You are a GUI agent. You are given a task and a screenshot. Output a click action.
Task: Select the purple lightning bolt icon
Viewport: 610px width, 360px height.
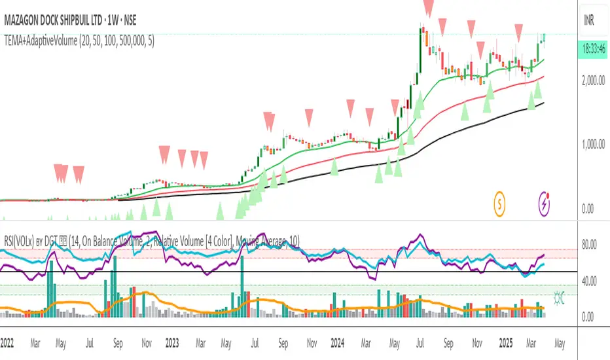click(545, 204)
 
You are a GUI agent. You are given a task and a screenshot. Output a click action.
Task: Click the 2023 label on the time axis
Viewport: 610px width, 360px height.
click(172, 342)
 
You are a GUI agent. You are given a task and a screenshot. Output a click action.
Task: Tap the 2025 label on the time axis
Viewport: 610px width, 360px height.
click(499, 342)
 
